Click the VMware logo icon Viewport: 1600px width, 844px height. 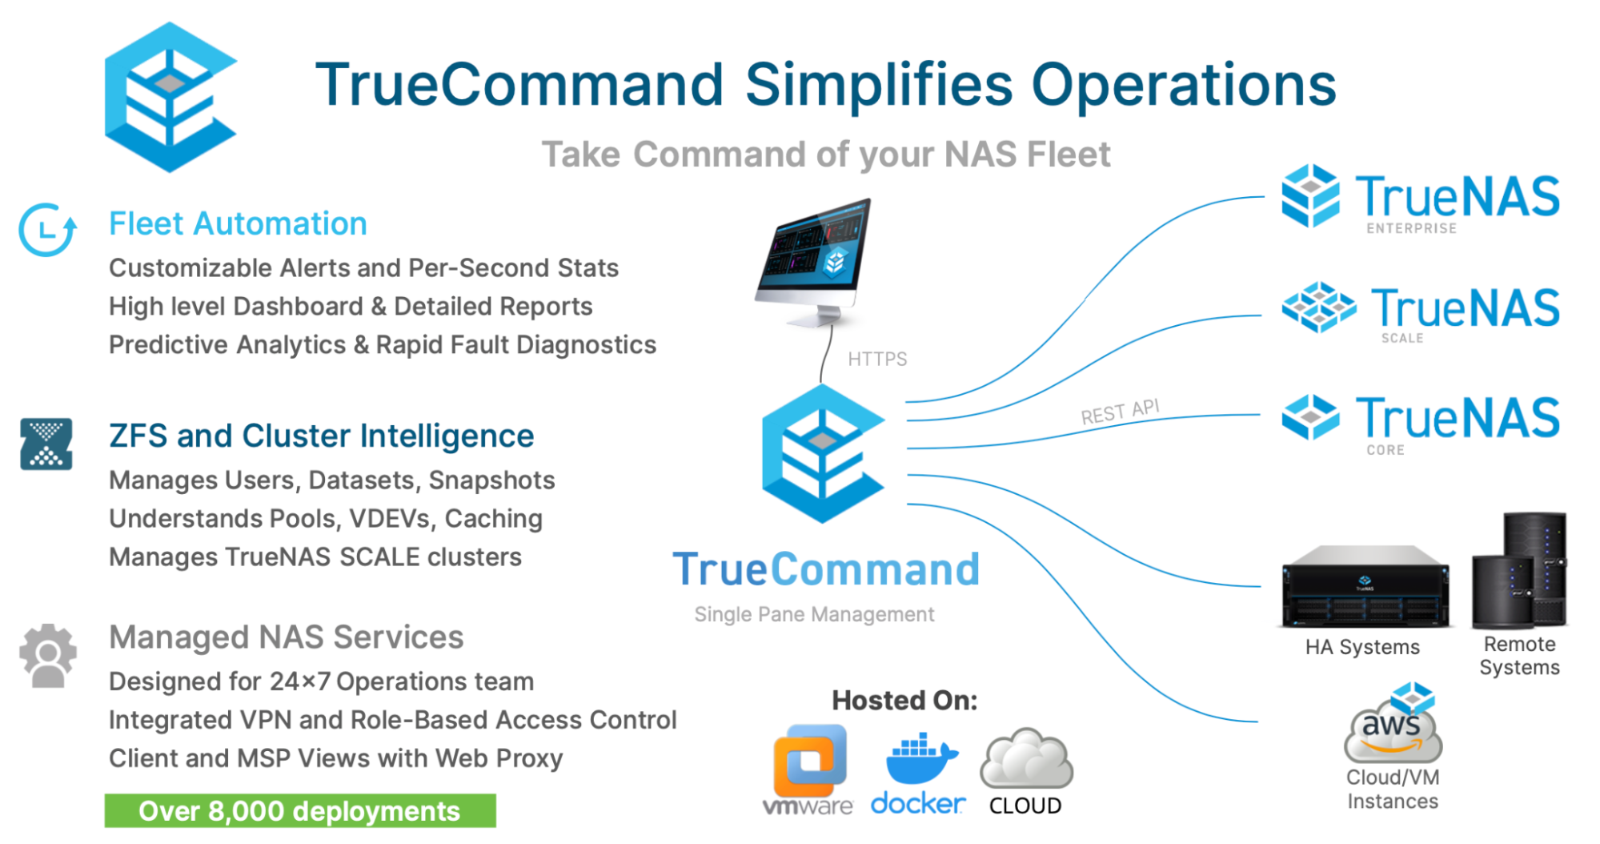click(x=809, y=760)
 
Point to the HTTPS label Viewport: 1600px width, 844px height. click(x=877, y=359)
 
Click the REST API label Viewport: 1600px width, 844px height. click(x=1120, y=412)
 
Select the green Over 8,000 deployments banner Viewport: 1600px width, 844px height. click(x=300, y=811)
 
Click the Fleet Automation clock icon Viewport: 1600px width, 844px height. click(x=47, y=230)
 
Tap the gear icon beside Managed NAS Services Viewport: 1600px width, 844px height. click(x=47, y=656)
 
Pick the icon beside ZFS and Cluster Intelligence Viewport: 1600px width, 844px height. click(x=46, y=444)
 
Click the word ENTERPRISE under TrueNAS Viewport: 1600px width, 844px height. click(x=1411, y=229)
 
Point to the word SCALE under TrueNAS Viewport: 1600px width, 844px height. click(x=1402, y=339)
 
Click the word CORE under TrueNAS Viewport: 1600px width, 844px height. click(x=1385, y=450)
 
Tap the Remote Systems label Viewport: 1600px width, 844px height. click(x=1519, y=656)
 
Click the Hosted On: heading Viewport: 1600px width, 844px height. click(x=904, y=701)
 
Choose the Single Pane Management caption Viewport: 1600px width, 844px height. click(x=814, y=614)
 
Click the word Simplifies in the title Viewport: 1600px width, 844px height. click(x=879, y=85)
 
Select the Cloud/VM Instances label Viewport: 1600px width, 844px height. click(x=1393, y=790)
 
